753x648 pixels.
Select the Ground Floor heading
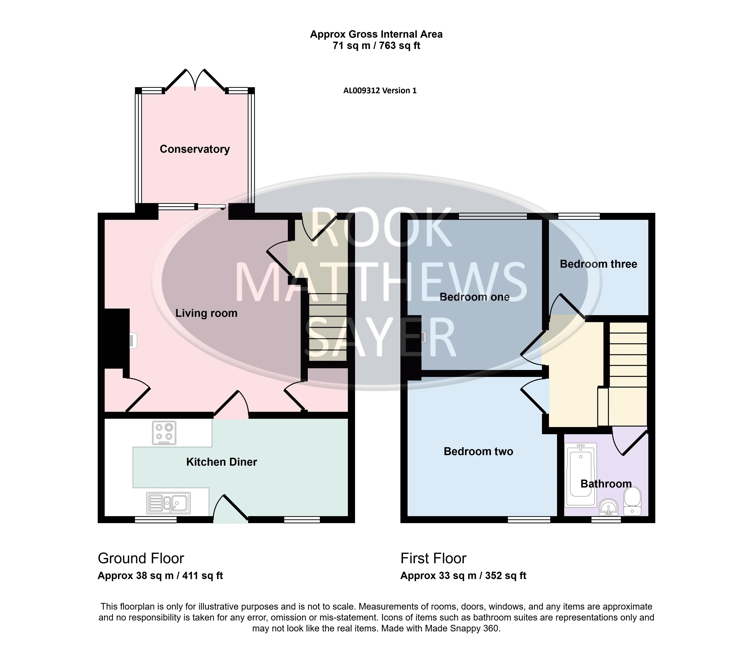141,558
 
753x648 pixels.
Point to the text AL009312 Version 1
380,91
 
